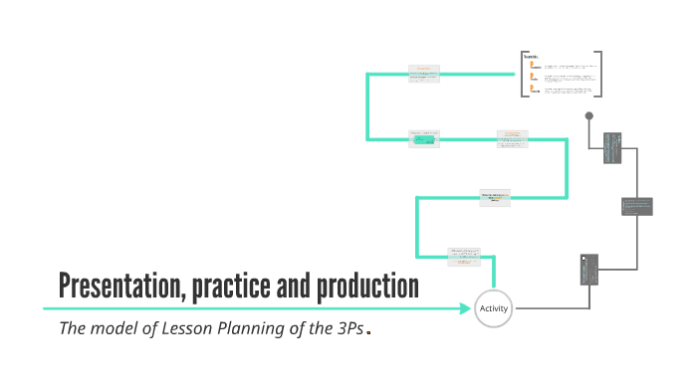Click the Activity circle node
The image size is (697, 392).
[494, 308]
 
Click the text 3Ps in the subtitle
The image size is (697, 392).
[348, 329]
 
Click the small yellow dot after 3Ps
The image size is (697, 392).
[368, 333]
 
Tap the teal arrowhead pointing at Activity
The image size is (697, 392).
[467, 308]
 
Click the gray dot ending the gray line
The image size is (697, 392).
[589, 115]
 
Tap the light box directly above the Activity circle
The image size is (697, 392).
[465, 255]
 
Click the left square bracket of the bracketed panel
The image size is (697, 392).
[522, 74]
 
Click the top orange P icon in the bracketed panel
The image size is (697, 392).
[534, 64]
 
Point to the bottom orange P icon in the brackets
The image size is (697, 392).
[534, 89]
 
